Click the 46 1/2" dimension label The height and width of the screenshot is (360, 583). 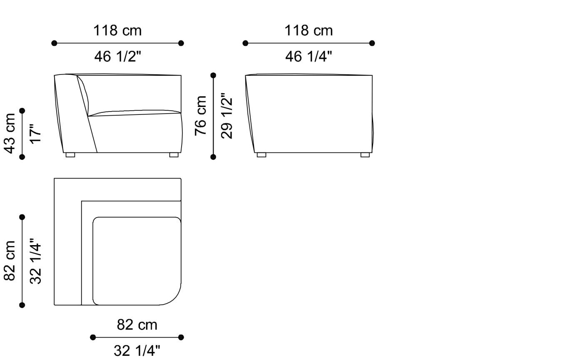point(117,56)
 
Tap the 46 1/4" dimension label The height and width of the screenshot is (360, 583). point(309,56)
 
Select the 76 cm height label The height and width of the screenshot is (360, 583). point(201,115)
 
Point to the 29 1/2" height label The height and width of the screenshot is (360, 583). point(227,116)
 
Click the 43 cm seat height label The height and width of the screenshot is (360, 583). point(10,133)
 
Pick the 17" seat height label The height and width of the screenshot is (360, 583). point(36,134)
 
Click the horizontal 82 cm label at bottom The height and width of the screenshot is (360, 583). point(137,325)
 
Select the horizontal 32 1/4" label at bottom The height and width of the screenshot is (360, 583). point(137,350)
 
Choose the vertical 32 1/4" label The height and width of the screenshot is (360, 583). point(36,261)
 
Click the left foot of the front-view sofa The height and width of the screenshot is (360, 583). point(70,155)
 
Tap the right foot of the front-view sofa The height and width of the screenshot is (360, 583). point(174,155)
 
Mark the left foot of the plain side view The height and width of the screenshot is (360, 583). point(262,155)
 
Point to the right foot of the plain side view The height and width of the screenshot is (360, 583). point(365,155)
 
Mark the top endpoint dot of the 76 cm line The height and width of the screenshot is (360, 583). point(213,75)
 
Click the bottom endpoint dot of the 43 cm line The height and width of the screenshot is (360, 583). point(22,157)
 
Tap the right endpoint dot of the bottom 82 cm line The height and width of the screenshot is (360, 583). point(181,337)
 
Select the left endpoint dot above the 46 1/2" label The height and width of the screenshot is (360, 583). point(54,43)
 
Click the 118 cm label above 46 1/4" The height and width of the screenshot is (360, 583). point(309,30)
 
